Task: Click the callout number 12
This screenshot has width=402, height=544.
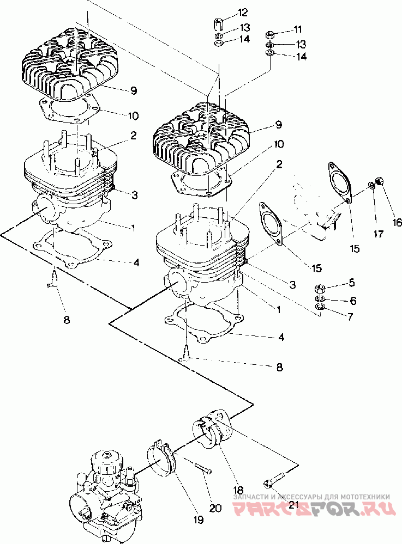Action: tap(243, 13)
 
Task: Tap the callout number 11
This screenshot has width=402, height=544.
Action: tap(297, 29)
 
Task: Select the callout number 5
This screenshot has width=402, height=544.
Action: tap(352, 283)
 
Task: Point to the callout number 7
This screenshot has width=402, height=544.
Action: tap(350, 316)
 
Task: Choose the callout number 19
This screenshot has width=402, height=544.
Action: tap(199, 519)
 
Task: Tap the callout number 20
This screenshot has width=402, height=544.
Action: tap(215, 508)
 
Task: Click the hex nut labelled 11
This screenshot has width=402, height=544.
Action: tap(270, 35)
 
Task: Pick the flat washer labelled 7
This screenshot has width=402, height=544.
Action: tap(319, 307)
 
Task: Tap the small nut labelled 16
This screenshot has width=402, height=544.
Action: tap(379, 181)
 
